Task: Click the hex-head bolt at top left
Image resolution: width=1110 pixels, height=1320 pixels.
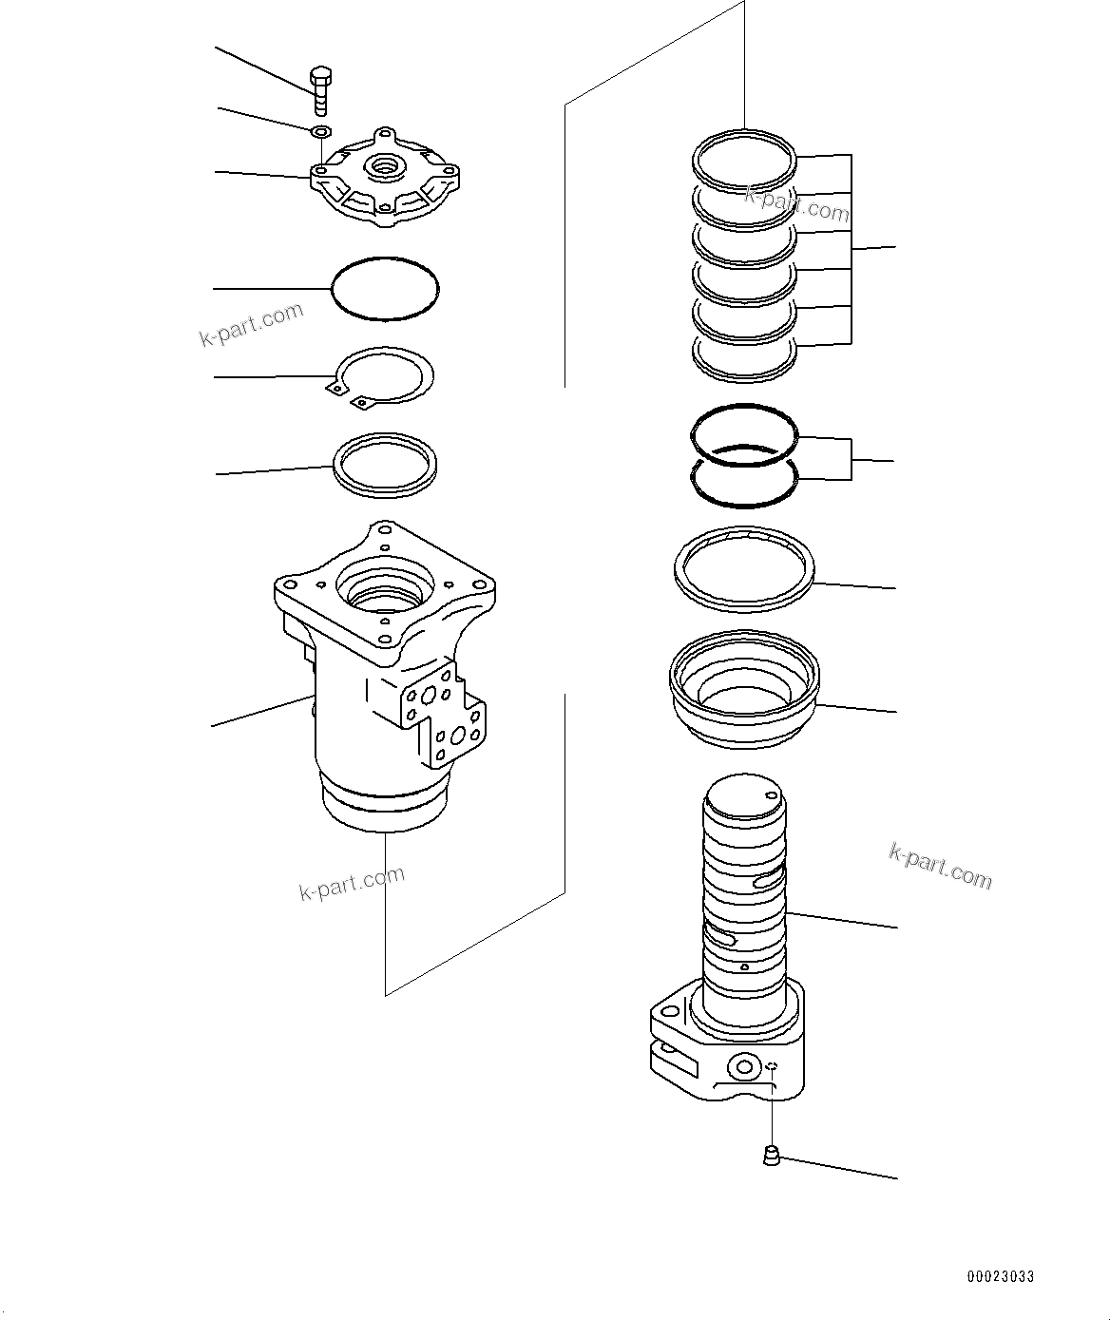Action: click(321, 89)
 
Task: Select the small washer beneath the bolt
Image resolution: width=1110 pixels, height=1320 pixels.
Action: click(321, 131)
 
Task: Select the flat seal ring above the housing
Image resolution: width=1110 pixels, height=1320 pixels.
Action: click(385, 465)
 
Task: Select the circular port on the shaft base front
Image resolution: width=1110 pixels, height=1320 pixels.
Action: click(744, 1068)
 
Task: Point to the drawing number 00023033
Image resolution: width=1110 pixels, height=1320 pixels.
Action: click(1001, 1276)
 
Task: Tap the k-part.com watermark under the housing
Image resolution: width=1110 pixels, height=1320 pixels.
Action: click(352, 883)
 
